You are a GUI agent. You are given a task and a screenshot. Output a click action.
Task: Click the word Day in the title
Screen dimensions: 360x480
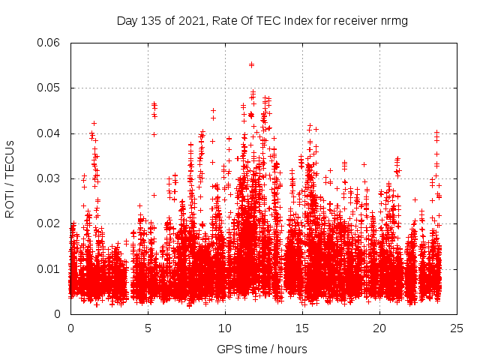pos(127,21)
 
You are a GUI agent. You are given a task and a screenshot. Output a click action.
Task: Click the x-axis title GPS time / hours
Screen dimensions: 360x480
pos(263,349)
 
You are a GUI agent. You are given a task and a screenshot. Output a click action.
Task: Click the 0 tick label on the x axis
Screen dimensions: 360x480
pos(70,328)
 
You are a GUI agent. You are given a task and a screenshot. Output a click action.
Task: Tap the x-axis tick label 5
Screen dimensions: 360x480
pos(148,328)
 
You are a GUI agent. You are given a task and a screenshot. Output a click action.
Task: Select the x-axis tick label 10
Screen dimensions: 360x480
pos(225,328)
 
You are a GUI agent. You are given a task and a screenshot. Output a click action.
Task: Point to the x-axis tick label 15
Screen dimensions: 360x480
pos(302,328)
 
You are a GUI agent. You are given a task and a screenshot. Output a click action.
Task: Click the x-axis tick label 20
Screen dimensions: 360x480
pos(379,328)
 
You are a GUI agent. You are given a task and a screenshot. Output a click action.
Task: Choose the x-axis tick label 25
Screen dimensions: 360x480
pos(457,328)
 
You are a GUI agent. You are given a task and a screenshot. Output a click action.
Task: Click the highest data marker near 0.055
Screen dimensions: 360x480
pos(251,64)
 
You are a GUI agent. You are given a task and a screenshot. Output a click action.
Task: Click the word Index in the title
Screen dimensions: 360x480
pos(286,21)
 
